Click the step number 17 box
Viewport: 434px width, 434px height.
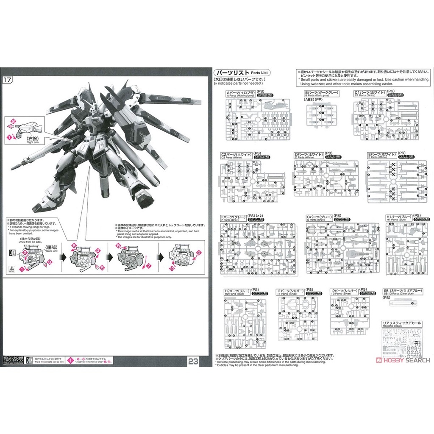(x=7, y=80)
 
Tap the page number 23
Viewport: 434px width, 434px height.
(x=194, y=361)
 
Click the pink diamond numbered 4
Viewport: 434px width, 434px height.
(x=98, y=250)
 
